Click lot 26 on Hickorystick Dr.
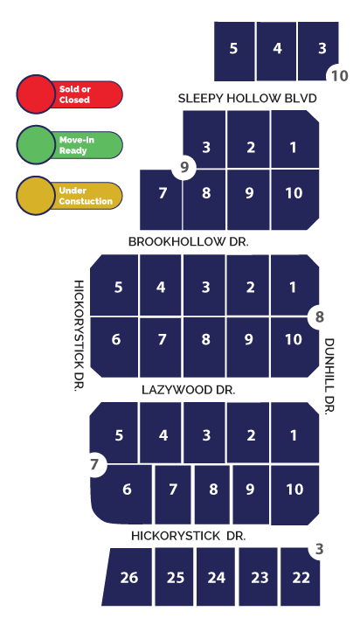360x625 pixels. pos(128,577)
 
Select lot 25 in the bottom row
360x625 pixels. pos(176,577)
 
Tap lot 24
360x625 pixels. pos(216,577)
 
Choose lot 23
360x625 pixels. pos(259,577)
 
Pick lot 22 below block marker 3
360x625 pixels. pos(301,577)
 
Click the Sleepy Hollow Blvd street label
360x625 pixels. pos(247,98)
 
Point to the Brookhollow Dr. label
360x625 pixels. pos(189,241)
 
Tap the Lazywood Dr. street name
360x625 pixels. pos(189,390)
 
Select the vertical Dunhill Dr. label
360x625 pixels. pos(329,377)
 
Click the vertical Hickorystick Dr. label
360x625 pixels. pos(80,336)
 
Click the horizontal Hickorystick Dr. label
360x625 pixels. pos(189,536)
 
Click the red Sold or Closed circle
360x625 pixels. pos(36,94)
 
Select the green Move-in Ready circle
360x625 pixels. pos(36,145)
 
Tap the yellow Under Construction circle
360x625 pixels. pos(36,195)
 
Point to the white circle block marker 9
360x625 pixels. pos(184,168)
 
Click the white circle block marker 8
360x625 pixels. pos(320,317)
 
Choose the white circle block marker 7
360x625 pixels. pos(94,464)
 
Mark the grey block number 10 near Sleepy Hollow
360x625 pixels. pos(340,75)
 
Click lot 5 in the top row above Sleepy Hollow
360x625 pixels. pos(234,51)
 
